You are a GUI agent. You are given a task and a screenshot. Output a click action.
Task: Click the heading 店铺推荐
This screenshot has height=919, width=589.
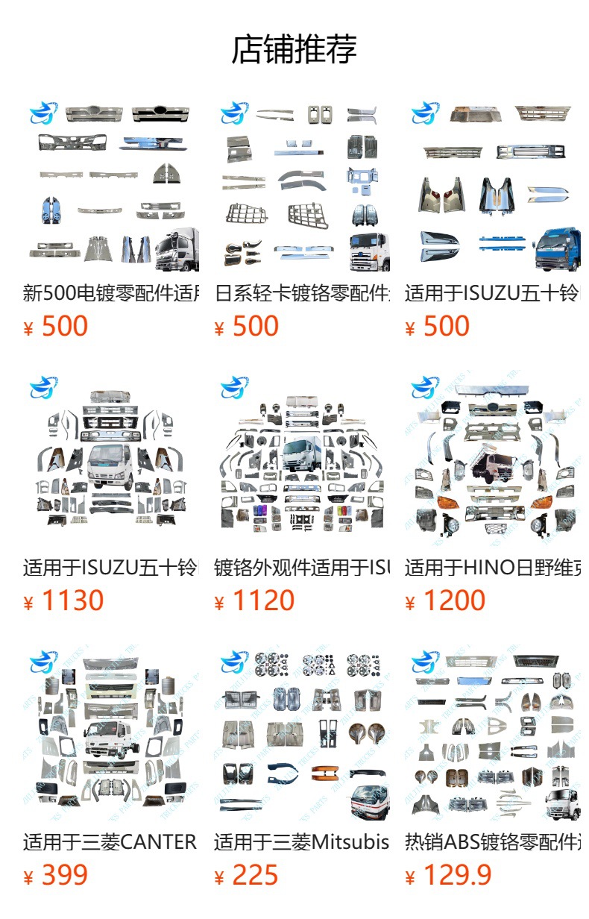pyautogui.click(x=294, y=49)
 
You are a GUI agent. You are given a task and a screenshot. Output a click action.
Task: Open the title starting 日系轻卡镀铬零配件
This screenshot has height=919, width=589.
pyautogui.click(x=302, y=293)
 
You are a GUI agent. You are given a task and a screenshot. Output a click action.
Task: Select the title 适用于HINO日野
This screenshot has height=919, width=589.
pyautogui.click(x=493, y=568)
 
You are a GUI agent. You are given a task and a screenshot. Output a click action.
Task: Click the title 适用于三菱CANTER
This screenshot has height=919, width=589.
pyautogui.click(x=110, y=842)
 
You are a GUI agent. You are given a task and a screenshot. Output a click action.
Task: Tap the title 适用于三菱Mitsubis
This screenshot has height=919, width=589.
pyautogui.click(x=302, y=842)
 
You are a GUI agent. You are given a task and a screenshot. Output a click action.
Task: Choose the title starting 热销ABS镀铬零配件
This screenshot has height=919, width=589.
pyautogui.click(x=493, y=842)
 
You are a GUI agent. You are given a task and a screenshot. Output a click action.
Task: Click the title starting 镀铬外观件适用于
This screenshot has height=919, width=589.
pyautogui.click(x=302, y=568)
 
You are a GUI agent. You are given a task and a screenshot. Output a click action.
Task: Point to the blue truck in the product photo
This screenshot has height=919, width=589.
pyautogui.click(x=557, y=250)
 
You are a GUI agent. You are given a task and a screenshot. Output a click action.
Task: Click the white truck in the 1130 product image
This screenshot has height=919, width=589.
pyautogui.click(x=110, y=465)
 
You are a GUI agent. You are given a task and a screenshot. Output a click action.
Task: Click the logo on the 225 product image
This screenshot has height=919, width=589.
pyautogui.click(x=235, y=662)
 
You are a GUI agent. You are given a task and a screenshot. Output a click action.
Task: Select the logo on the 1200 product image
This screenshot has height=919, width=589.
pyautogui.click(x=426, y=387)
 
